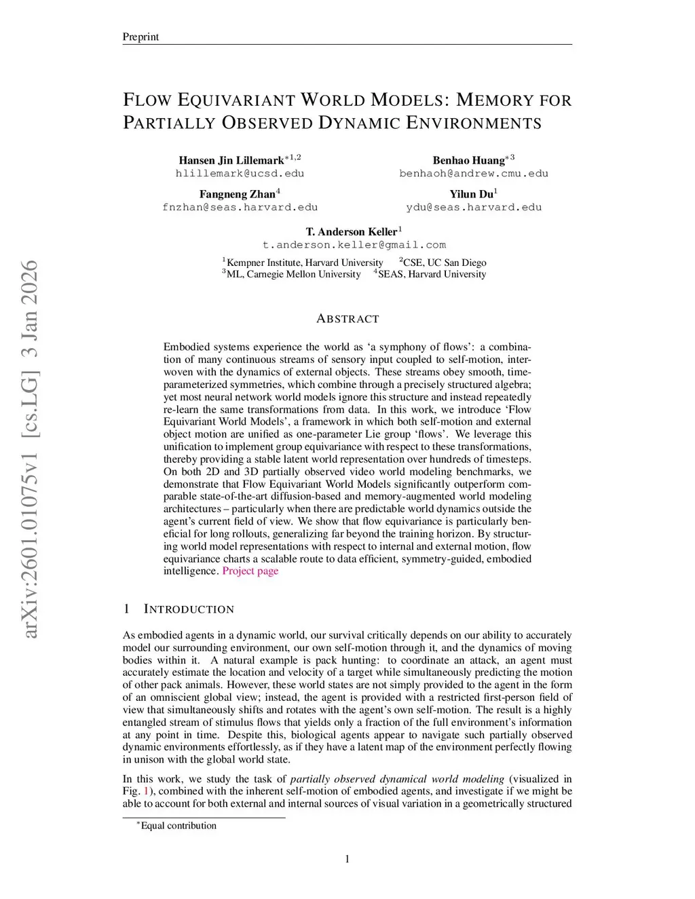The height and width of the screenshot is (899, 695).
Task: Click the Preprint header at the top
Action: pos(140,37)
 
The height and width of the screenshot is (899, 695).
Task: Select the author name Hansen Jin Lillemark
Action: pos(231,161)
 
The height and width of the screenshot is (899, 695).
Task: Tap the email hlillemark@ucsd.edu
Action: pos(240,174)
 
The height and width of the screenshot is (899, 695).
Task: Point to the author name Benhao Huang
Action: pos(469,161)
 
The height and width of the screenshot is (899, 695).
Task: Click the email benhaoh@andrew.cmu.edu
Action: pos(474,174)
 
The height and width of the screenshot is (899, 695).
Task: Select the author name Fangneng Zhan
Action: pos(237,195)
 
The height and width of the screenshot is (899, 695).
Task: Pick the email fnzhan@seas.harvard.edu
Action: pos(240,208)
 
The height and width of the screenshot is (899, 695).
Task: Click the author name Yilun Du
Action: pos(471,195)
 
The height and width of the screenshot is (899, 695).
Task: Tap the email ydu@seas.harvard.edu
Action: pos(474,208)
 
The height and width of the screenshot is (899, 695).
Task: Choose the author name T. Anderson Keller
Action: pos(351,232)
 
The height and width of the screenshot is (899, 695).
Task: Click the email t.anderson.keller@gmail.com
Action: pos(354,245)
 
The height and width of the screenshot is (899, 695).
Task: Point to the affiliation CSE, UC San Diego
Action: pos(445,263)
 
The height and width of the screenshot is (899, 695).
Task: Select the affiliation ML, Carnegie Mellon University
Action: pos(293,274)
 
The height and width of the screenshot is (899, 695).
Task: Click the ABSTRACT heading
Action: pos(347,319)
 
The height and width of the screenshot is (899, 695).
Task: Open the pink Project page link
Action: pos(250,571)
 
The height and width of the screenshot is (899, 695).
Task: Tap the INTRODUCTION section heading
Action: pos(189,609)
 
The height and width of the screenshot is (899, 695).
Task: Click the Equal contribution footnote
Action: pos(178,826)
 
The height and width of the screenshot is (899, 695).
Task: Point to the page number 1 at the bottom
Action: pos(347,860)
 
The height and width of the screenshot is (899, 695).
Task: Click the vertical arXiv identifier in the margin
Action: pos(31,448)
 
